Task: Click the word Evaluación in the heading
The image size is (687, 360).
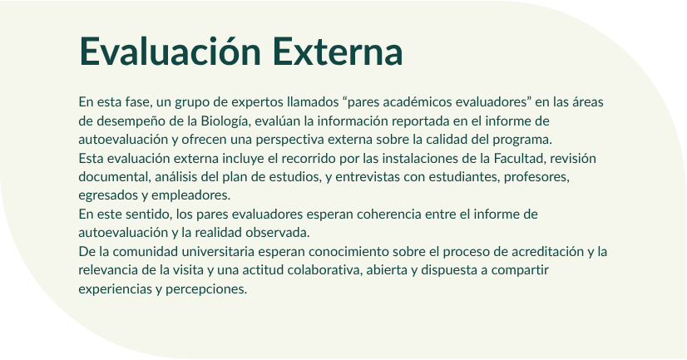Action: coord(171,51)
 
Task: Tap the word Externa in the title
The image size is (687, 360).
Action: coord(338,52)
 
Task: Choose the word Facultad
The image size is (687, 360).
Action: coord(520,158)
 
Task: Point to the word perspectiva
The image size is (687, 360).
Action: coord(290,140)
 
